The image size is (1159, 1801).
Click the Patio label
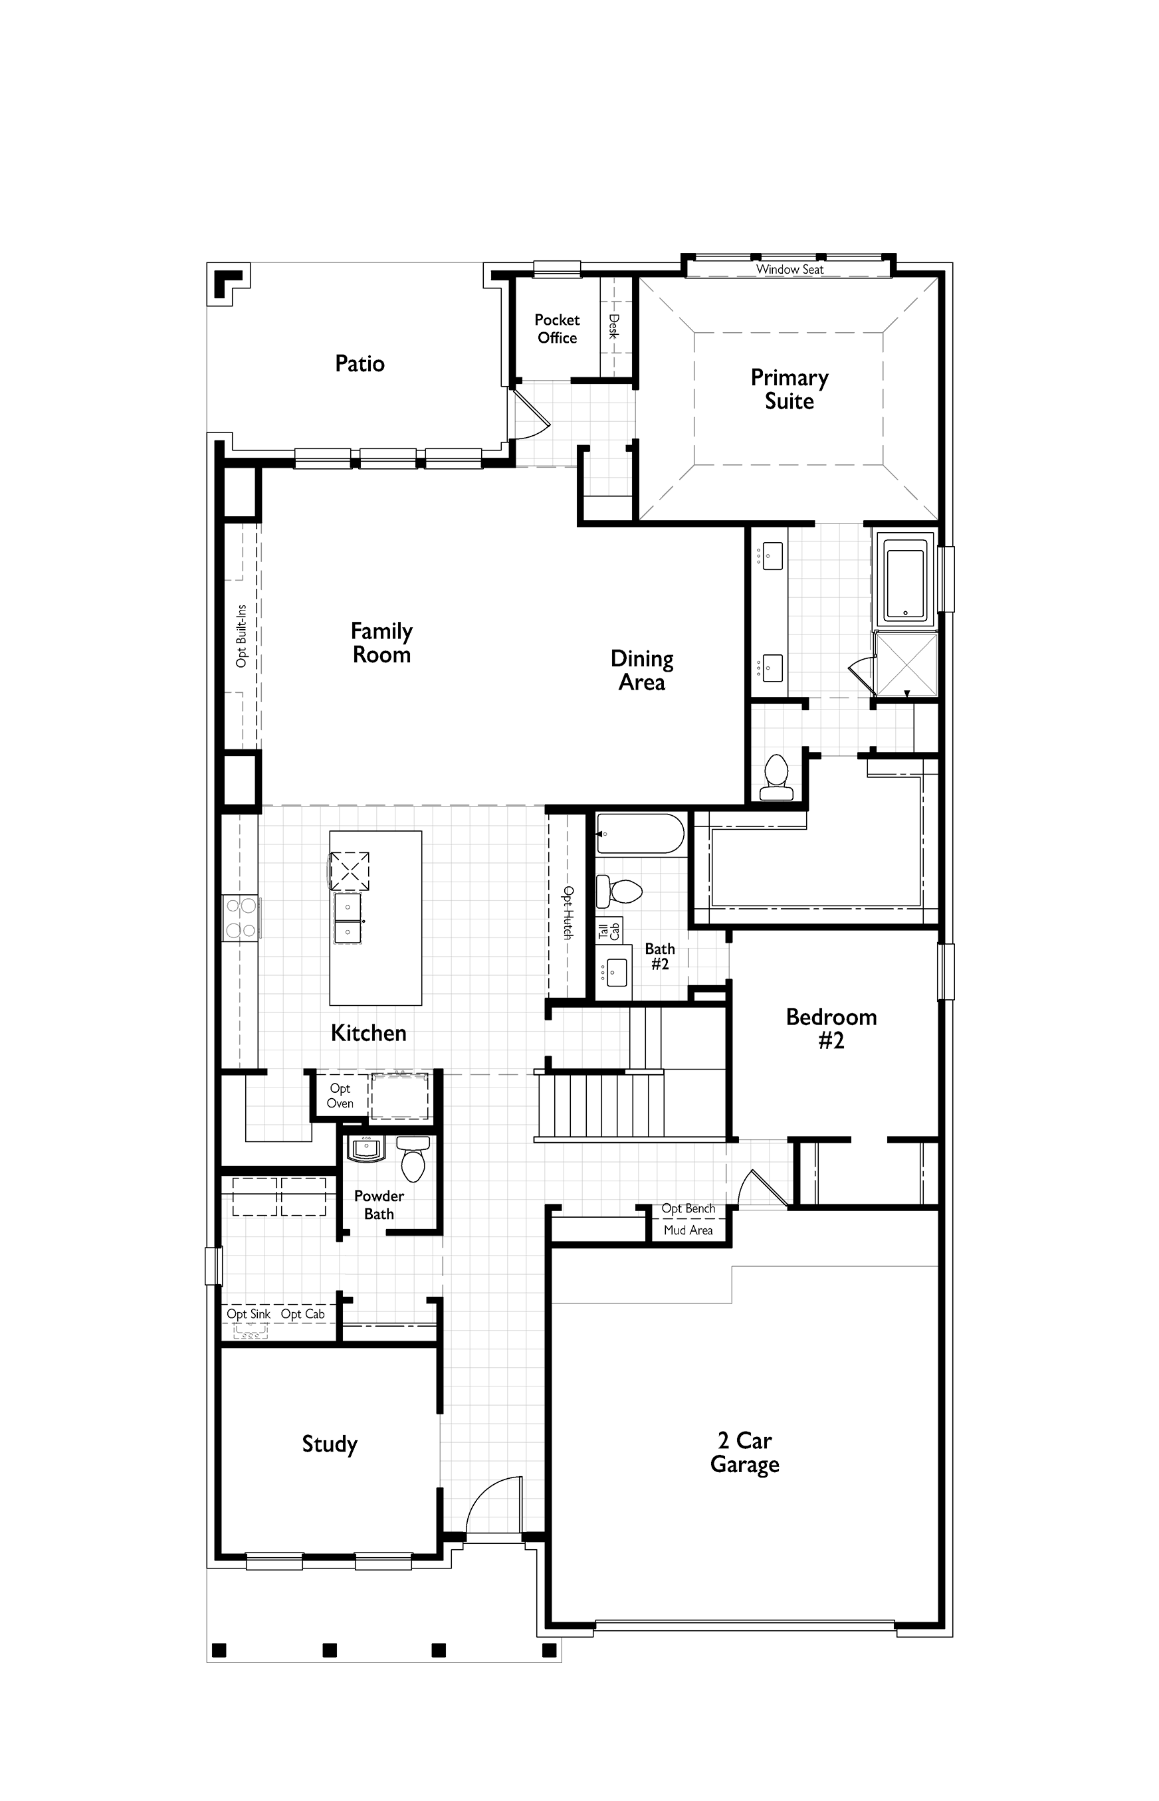click(360, 363)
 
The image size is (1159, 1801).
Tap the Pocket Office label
click(557, 329)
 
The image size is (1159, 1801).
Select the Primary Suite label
click(790, 389)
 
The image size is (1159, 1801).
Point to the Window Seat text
click(790, 269)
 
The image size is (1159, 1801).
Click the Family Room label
click(381, 642)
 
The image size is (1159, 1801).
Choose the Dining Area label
click(642, 670)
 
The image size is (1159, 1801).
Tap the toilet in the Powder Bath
click(413, 1159)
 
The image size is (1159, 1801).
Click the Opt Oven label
click(340, 1095)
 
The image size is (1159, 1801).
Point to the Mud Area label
click(688, 1230)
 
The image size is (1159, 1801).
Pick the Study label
click(330, 1444)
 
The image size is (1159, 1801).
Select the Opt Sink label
click(249, 1313)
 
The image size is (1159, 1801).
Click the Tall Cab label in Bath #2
click(609, 931)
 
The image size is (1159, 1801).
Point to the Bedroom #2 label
click(831, 1028)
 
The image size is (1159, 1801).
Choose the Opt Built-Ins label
click(241, 636)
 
